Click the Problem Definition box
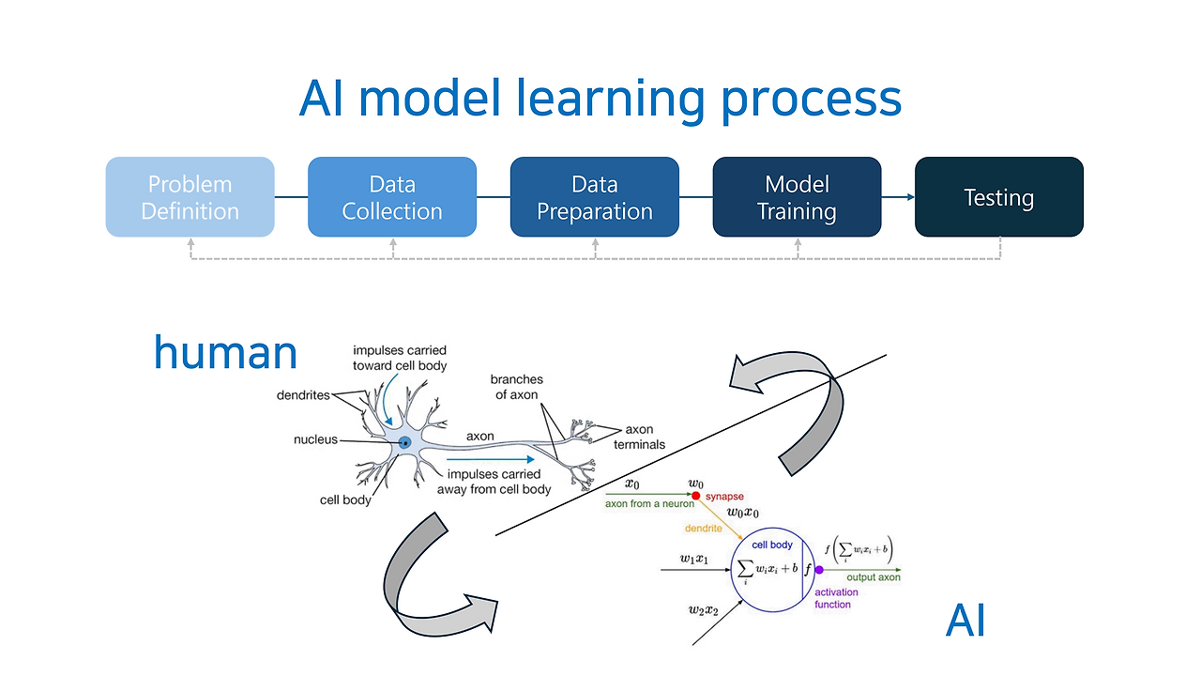click(x=190, y=197)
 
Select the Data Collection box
click(x=392, y=197)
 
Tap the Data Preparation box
click(x=595, y=197)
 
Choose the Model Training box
click(x=797, y=197)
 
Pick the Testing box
click(x=999, y=197)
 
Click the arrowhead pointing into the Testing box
click(x=910, y=197)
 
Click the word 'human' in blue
click(x=226, y=352)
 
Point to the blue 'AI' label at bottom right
click(x=965, y=621)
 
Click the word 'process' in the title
click(x=812, y=100)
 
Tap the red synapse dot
click(x=696, y=496)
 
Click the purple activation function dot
click(x=819, y=570)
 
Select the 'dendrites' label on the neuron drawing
click(x=303, y=395)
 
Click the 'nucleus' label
click(x=316, y=439)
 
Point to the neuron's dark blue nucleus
click(x=405, y=443)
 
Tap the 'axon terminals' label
click(x=639, y=437)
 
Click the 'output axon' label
click(x=874, y=577)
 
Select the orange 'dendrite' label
click(x=704, y=529)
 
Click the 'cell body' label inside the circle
click(x=772, y=545)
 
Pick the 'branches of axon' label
click(x=516, y=387)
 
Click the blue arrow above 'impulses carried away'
click(x=490, y=459)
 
